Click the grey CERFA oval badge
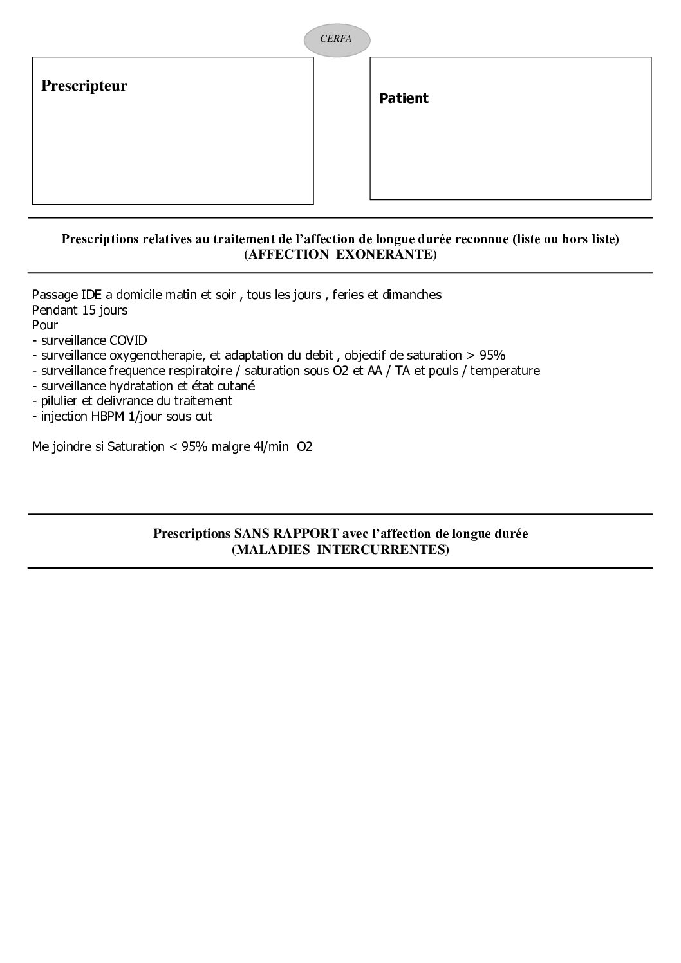pos(336,39)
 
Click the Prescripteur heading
pos(84,86)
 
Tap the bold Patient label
pos(404,98)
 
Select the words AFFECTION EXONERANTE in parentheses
pos(340,255)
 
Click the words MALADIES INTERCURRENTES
pos(340,550)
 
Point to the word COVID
pos(128,340)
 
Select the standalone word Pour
pos(44,326)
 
